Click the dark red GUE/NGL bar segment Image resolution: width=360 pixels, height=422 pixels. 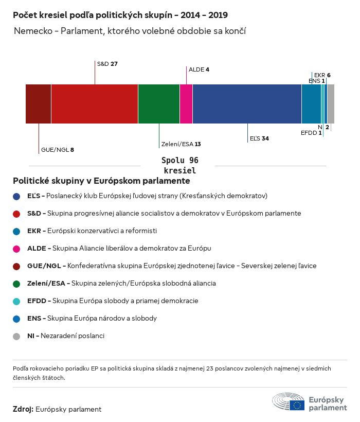pos(38,104)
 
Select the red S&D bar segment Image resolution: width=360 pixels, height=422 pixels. pos(95,104)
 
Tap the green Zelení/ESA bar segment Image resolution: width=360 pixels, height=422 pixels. pos(159,104)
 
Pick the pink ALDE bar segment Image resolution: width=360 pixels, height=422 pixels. pos(186,104)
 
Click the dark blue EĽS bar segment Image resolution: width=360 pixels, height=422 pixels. pos(247,104)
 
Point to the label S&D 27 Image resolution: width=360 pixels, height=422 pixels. pos(107,64)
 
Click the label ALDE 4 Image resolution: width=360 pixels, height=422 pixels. pos(199,69)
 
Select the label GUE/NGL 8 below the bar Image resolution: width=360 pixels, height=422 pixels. pos(57,150)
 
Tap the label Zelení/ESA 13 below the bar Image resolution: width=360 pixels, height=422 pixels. pos(181,144)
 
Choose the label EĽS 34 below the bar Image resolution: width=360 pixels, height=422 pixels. pos(259,138)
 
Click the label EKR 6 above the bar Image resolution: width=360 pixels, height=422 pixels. pos(322,75)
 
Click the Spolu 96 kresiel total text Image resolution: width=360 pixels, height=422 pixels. pos(179,165)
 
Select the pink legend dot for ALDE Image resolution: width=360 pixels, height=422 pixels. pos(16,249)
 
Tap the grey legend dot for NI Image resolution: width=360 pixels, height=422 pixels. pos(16,336)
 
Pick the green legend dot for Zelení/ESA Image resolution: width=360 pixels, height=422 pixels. pos(16,284)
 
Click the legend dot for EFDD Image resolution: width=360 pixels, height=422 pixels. pos(16,301)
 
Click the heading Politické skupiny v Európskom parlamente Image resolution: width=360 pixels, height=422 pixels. pos(101,181)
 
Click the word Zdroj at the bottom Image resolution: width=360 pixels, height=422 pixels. pos(23,409)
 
